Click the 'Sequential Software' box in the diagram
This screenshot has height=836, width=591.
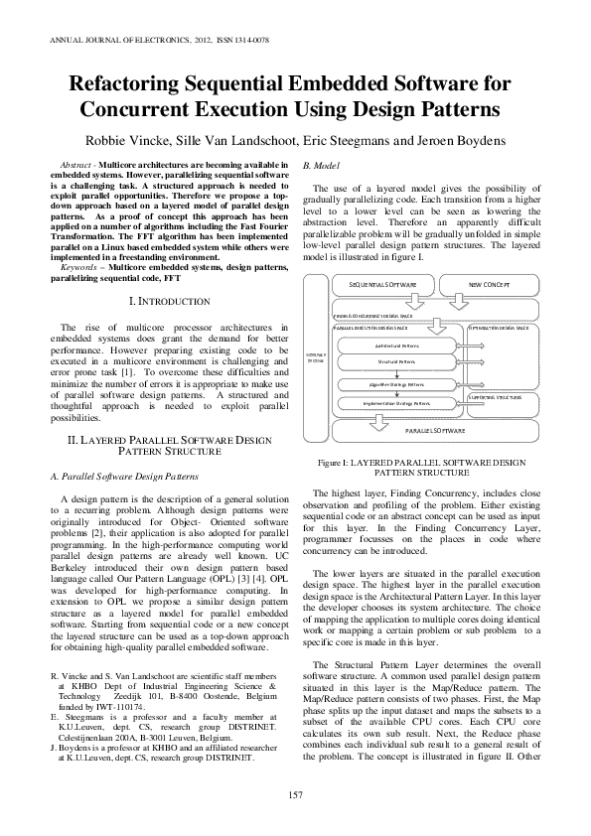pyautogui.click(x=382, y=285)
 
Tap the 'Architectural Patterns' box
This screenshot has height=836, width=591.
pyautogui.click(x=394, y=345)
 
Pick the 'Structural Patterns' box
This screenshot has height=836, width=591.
pyautogui.click(x=394, y=362)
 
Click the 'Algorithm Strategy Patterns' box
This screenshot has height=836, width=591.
pyautogui.click(x=394, y=383)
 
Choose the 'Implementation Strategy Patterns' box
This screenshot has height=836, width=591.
pyautogui.click(x=395, y=403)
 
